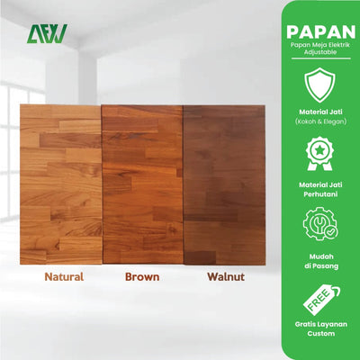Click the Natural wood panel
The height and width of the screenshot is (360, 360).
pos(60,184)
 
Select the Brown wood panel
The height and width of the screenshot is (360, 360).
pos(142,184)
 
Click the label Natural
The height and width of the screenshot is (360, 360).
pos(65,277)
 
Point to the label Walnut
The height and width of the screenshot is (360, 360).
pos(225,277)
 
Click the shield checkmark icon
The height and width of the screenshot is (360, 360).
pos(320,86)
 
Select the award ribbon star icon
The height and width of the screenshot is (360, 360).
pos(320,154)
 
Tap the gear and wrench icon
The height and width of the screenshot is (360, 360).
pos(320,222)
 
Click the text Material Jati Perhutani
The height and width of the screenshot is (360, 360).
pos(320,190)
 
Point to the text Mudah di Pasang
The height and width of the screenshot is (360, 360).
pos(320,259)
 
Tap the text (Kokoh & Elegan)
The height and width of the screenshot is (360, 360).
pos(320,121)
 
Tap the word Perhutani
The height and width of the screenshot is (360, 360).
pos(320,195)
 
